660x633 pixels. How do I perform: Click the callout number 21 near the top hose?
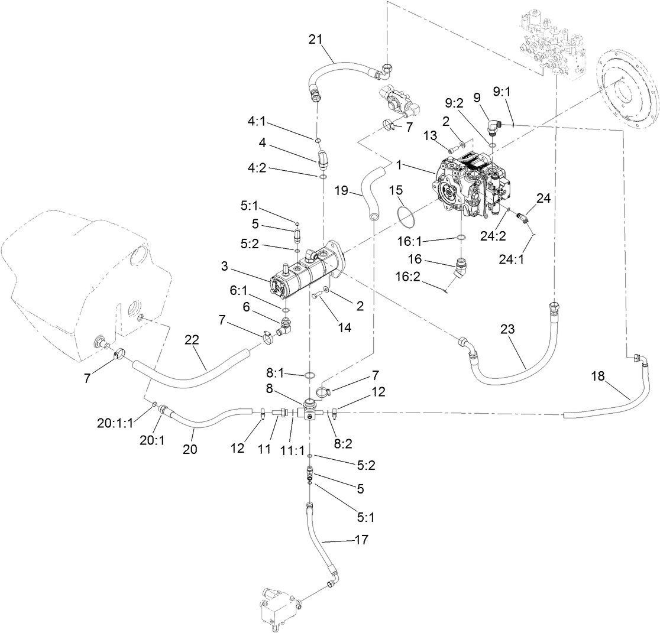point(316,40)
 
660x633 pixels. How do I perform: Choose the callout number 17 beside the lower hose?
point(361,540)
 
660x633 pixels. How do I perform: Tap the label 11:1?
point(292,450)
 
